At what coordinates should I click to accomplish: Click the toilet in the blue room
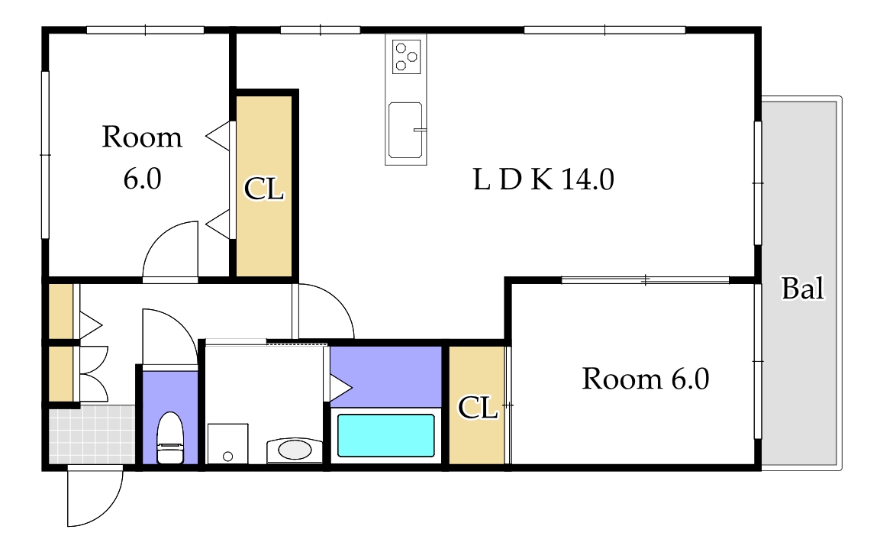point(170,437)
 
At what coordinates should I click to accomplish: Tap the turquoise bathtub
point(385,435)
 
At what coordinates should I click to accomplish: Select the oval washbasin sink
point(295,449)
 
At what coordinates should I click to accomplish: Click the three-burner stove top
point(406,56)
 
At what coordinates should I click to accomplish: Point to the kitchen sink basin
point(405,130)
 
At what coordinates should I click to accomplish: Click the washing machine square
point(228,444)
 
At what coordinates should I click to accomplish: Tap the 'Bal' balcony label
point(803,289)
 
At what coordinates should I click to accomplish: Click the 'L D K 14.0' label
point(543,179)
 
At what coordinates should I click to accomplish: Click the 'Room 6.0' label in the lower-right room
point(646,379)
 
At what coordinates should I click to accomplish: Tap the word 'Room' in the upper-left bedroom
point(142,137)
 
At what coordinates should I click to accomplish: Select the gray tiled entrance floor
point(92,434)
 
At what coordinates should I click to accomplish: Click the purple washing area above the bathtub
point(385,376)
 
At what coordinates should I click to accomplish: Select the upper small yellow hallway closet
point(61,311)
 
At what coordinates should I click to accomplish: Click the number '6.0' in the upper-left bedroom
point(143,179)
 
